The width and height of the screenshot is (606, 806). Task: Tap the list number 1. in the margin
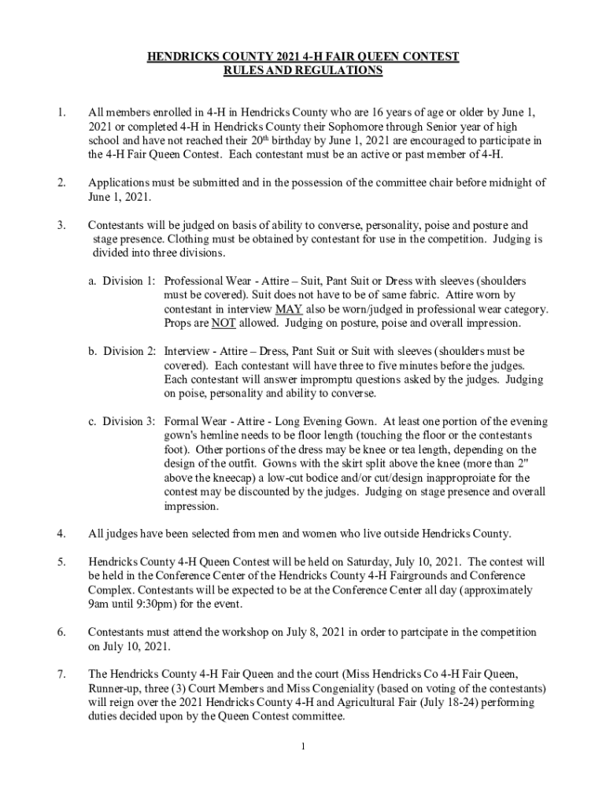[x=61, y=112]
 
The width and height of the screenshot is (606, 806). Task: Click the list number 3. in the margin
[x=61, y=225]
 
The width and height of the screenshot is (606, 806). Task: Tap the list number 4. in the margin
[x=61, y=534]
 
